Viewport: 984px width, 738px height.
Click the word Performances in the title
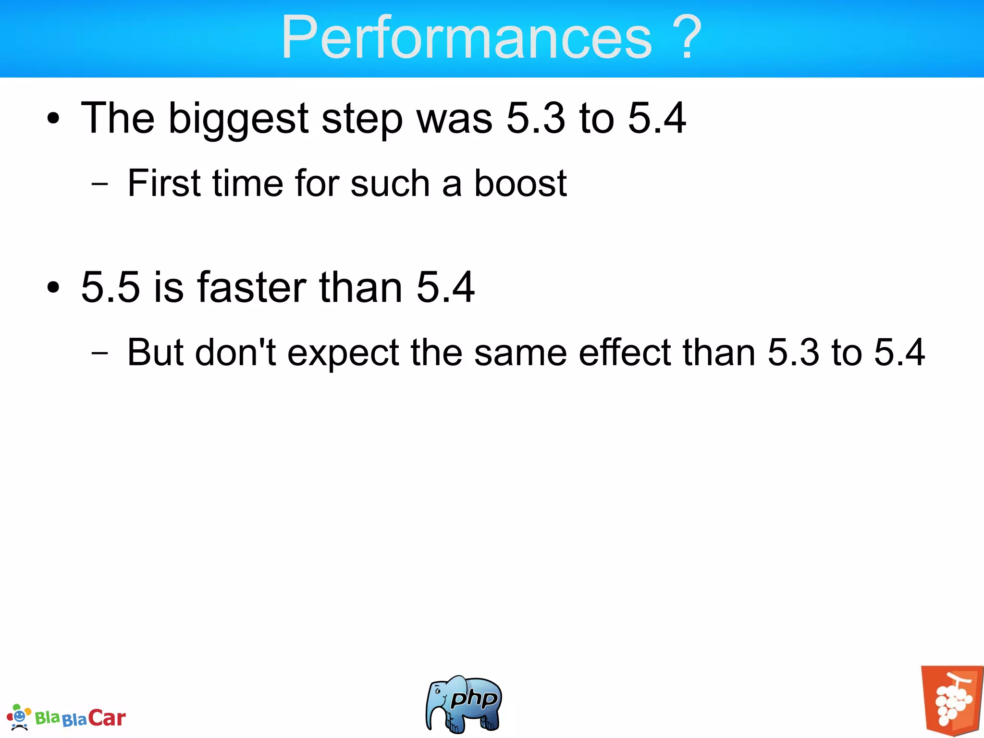(x=466, y=37)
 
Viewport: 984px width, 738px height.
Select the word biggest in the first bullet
(x=238, y=119)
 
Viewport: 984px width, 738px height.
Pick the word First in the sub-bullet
(x=163, y=183)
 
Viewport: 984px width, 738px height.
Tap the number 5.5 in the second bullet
(x=111, y=287)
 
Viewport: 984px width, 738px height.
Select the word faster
(x=252, y=287)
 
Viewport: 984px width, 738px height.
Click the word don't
(x=235, y=352)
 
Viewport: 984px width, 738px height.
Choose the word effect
(x=625, y=352)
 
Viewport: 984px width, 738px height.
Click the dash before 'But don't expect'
(x=99, y=353)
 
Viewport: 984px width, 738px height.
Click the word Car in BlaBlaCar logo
(x=107, y=718)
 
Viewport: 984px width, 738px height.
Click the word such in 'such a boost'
(x=390, y=183)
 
